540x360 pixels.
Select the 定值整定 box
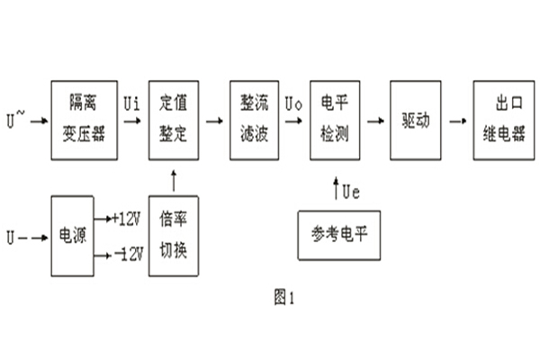point(172,120)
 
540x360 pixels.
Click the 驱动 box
point(416,120)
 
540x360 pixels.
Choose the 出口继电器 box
point(503,120)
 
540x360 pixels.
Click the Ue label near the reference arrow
point(351,191)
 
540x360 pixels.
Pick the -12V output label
point(127,256)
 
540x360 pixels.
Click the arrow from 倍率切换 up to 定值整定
point(172,183)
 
